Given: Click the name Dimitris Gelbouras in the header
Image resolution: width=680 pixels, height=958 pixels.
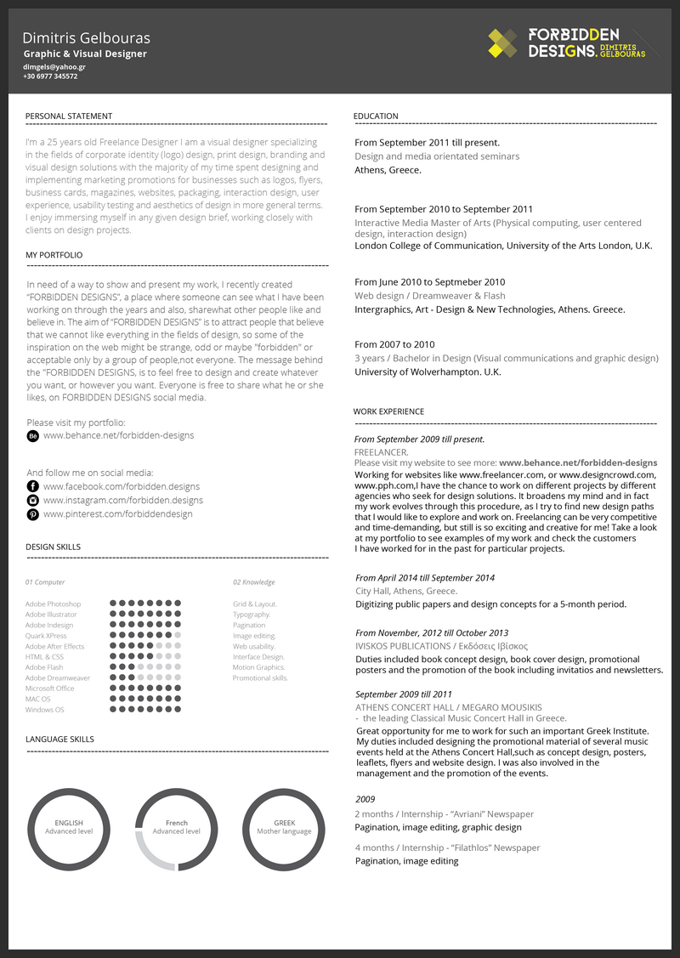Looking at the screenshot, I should click(x=86, y=38).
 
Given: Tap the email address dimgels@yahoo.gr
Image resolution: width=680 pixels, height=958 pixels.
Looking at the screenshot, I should click(x=54, y=66).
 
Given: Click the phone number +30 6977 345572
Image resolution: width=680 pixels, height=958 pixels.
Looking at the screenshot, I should click(x=50, y=77).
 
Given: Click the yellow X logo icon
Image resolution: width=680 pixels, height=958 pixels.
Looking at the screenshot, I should click(x=503, y=43).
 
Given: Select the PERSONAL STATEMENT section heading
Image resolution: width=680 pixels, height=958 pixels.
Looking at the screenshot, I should click(x=69, y=116).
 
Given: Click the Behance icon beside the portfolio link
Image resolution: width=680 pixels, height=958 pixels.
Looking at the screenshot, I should click(x=33, y=435).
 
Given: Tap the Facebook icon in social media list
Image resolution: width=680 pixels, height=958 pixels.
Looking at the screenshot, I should click(x=33, y=486).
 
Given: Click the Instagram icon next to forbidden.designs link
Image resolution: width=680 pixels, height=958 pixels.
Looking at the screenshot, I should click(x=33, y=501).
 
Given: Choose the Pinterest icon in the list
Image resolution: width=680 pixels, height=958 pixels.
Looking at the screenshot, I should click(x=33, y=514).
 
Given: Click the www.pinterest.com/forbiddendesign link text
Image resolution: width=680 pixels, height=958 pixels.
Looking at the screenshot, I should click(x=117, y=514).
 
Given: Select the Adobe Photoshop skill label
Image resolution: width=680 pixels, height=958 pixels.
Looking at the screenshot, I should click(x=53, y=604).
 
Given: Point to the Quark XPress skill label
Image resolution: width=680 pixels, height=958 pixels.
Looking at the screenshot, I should click(x=46, y=636).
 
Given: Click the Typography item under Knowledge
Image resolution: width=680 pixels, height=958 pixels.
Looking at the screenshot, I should click(x=252, y=615).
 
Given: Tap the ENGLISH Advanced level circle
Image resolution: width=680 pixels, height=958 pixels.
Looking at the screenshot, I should click(x=69, y=828).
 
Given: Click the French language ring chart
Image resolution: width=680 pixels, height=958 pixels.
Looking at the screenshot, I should click(x=177, y=828).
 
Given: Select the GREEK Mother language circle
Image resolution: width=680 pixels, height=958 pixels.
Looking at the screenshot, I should click(x=284, y=828).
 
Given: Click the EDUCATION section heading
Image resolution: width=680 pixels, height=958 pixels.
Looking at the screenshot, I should click(x=376, y=116).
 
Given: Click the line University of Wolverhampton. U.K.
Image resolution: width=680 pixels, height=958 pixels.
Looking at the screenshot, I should click(x=428, y=372).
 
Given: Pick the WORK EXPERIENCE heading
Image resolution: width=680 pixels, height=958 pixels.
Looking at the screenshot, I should click(x=388, y=411).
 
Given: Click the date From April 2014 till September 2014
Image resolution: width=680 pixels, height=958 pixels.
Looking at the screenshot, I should click(x=424, y=578).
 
